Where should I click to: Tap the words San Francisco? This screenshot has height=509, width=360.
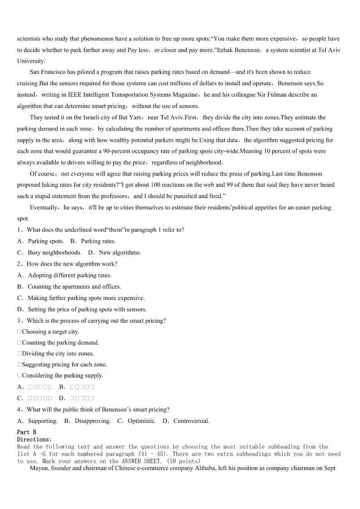click(x=48, y=72)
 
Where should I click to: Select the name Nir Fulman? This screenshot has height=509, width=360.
click(x=279, y=95)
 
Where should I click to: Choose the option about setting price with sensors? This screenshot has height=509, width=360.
click(x=87, y=309)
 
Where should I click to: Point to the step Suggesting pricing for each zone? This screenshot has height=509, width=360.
click(x=64, y=364)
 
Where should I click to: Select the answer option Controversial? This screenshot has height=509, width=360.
click(x=191, y=421)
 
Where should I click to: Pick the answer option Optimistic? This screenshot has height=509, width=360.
click(x=142, y=421)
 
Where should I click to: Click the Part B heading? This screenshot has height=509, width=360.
click(x=27, y=432)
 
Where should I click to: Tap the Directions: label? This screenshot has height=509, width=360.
click(x=34, y=439)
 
